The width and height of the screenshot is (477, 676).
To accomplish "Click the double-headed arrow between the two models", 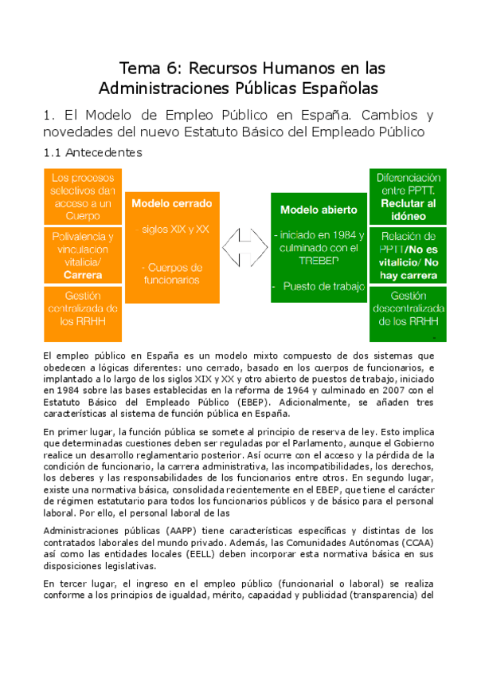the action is point(244,246).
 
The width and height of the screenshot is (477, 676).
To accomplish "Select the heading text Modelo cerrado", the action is point(170,204).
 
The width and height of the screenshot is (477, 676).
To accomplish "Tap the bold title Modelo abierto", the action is point(319,210).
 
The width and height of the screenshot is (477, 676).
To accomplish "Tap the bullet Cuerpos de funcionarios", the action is point(170,273).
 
